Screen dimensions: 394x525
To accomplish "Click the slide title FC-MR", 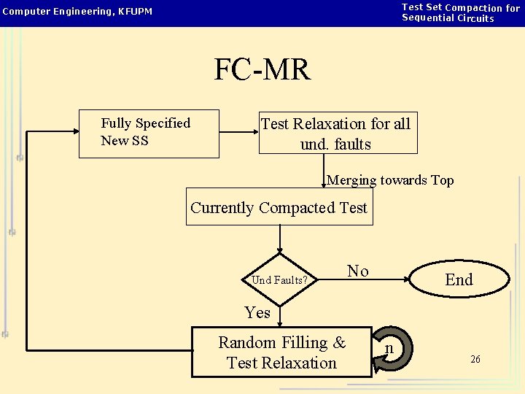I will (x=262, y=70).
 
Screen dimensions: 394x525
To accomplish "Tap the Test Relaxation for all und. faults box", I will (x=338, y=134).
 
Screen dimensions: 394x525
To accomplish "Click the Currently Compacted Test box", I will (x=279, y=207).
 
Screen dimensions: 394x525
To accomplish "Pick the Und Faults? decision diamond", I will (x=279, y=279).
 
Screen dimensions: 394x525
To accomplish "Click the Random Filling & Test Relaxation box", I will (x=281, y=352).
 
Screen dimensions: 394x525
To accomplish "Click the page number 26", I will (x=475, y=360).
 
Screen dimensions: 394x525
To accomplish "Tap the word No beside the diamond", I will (x=357, y=271).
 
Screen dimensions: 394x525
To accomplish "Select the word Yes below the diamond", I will (x=257, y=313).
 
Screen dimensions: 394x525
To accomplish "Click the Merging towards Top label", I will (x=390, y=180).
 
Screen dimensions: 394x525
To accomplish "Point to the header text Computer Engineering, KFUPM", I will (x=77, y=12).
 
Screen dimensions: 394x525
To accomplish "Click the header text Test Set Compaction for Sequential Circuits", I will (x=461, y=12).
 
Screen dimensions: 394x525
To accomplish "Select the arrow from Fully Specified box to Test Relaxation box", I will (x=238, y=133).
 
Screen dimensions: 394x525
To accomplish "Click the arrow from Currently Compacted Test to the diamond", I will (x=279, y=239).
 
